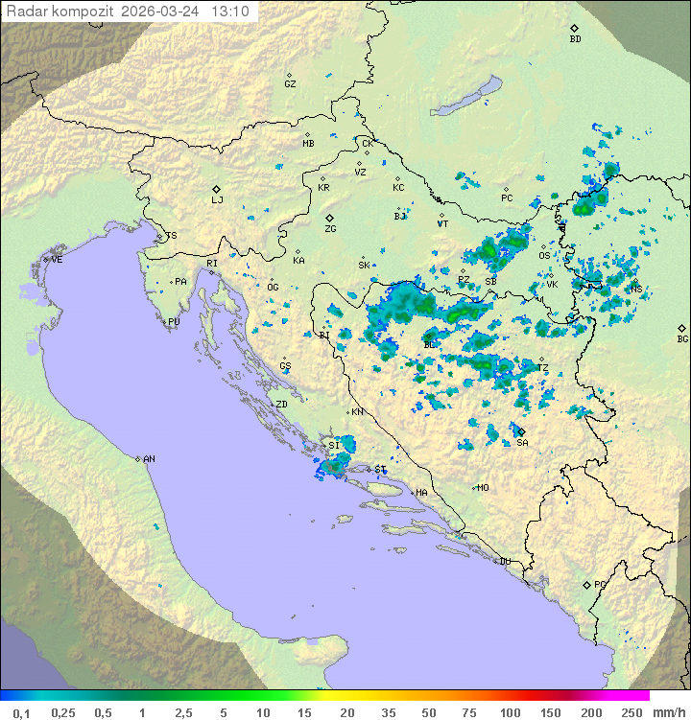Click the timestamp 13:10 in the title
coord(231,12)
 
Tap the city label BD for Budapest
coord(575,39)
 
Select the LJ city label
coord(217,200)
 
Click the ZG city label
coord(330,229)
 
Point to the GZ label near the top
coord(290,84)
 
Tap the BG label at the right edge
coord(682,338)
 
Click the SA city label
coord(522,443)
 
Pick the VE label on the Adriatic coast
coord(57,260)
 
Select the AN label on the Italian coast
coord(150,459)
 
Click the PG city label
coord(600,584)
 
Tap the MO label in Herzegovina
coord(483,487)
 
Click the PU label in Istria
coord(174,322)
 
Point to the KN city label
coord(357,412)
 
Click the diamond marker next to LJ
coord(217,189)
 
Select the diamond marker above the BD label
coord(574,29)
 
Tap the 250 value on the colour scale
coord(631,712)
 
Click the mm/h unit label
coord(667,712)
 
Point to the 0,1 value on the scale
coord(21,712)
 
